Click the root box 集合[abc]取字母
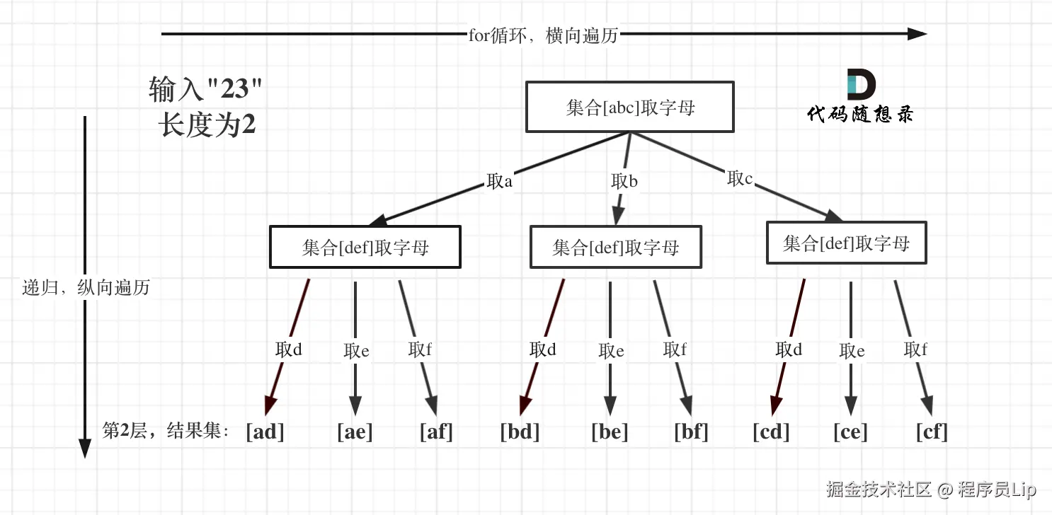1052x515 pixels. click(x=629, y=107)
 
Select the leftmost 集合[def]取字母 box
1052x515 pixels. click(x=365, y=247)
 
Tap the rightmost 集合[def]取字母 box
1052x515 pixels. click(x=846, y=243)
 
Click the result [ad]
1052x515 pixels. click(x=265, y=432)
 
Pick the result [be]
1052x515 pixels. click(x=610, y=432)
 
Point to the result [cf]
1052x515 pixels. click(x=931, y=432)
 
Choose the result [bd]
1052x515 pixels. click(x=520, y=432)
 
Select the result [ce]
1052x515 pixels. click(x=850, y=432)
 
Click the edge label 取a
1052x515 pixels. click(x=499, y=182)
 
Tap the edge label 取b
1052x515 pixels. click(x=624, y=182)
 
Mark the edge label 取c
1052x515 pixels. click(x=740, y=179)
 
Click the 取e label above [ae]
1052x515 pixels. click(x=356, y=351)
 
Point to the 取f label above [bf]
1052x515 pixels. click(x=675, y=349)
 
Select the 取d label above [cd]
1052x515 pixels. click(x=789, y=349)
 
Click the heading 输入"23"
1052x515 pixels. click(x=205, y=90)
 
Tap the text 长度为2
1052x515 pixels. click(x=207, y=126)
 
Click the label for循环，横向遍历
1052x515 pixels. click(x=543, y=35)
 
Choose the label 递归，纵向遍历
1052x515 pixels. click(x=86, y=288)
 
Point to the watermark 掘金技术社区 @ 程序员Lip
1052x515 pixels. click(x=931, y=489)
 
